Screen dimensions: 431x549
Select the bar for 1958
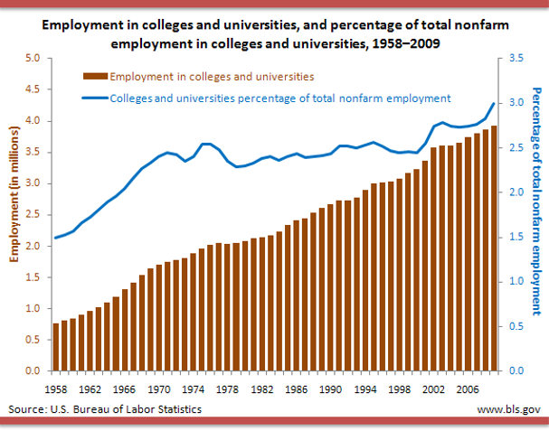click(x=56, y=347)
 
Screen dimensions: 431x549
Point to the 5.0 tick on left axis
click(x=33, y=59)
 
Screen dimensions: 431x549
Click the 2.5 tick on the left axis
click(x=33, y=215)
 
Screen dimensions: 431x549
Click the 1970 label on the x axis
click(x=159, y=390)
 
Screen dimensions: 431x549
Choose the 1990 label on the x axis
click(x=331, y=390)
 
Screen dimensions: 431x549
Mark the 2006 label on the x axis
click(x=469, y=390)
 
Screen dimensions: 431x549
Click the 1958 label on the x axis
click(x=56, y=390)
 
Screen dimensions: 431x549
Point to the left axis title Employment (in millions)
click(x=15, y=215)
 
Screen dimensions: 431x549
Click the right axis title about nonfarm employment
click(x=535, y=201)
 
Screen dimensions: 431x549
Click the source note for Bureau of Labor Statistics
click(x=105, y=409)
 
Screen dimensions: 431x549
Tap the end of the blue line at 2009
click(x=494, y=104)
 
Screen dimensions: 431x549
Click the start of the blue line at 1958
click(x=56, y=238)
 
